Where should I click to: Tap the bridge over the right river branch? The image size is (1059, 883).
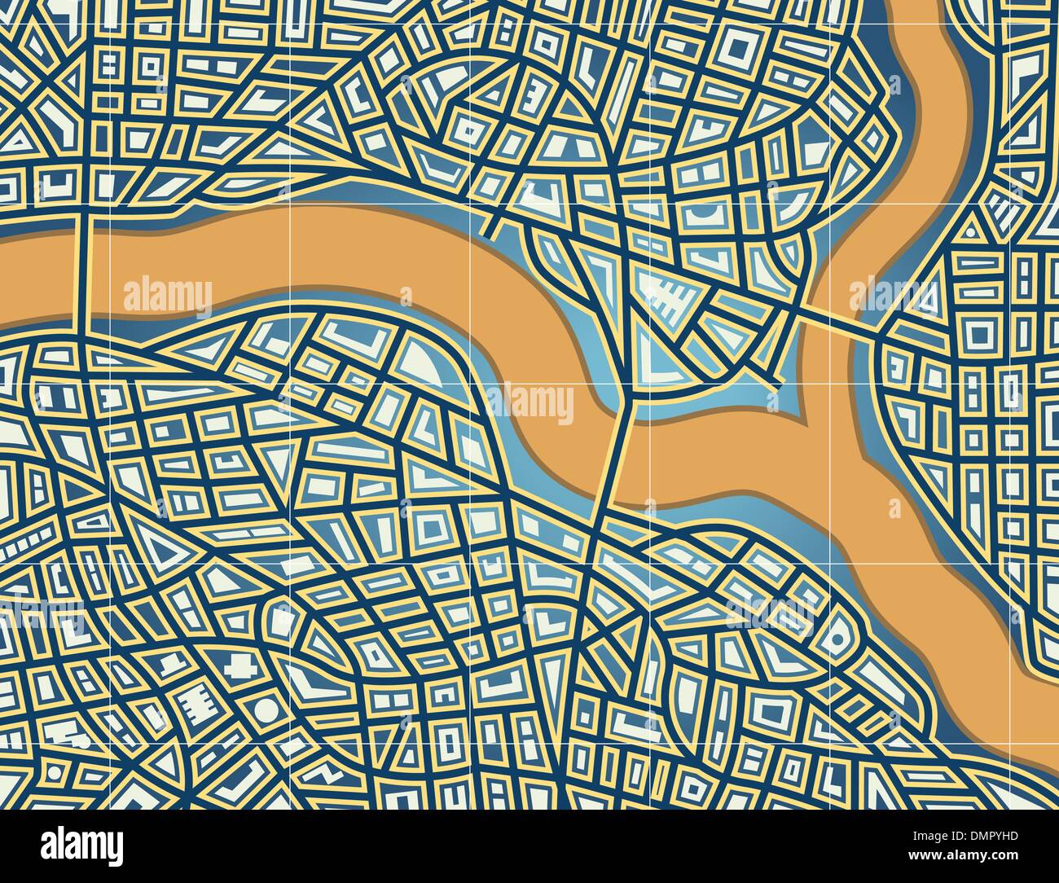pos(839,319)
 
